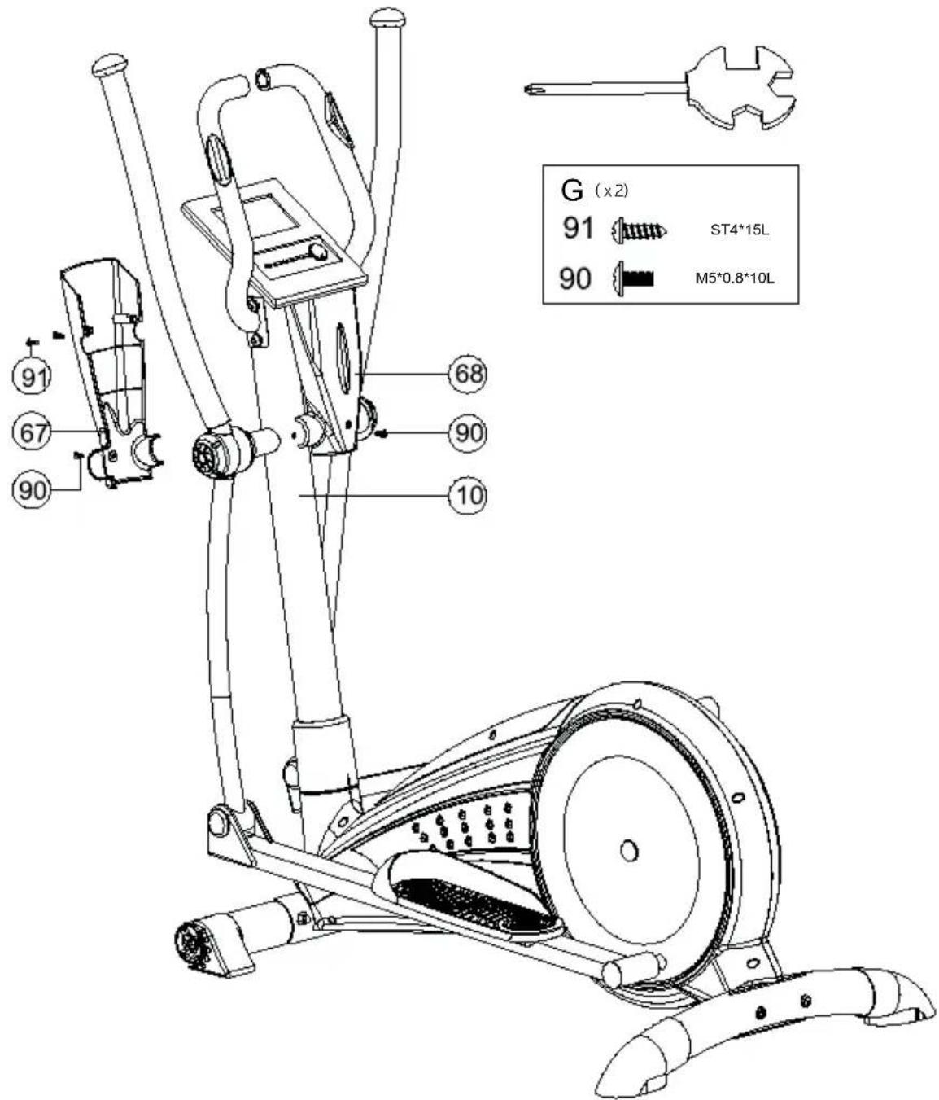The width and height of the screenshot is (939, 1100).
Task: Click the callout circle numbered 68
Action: (467, 375)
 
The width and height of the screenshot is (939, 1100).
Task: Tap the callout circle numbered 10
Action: (467, 496)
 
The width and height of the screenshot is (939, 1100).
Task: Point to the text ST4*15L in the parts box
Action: (739, 230)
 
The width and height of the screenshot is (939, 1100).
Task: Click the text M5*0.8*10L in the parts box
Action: (734, 278)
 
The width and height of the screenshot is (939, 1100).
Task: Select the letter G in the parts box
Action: (571, 191)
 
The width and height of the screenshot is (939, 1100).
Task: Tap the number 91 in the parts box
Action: (578, 228)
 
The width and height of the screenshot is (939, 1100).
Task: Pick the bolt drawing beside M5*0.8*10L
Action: (634, 278)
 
